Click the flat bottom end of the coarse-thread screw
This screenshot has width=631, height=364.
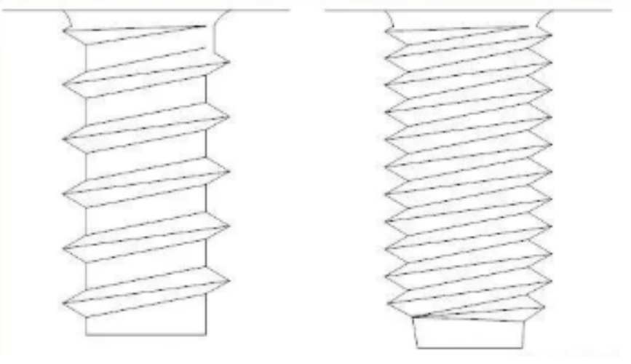point(146,334)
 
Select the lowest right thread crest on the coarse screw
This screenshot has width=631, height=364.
point(229,280)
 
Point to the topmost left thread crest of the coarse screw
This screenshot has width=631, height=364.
point(64,86)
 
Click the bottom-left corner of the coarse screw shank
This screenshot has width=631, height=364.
point(86,334)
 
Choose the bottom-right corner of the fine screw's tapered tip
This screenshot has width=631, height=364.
point(521,347)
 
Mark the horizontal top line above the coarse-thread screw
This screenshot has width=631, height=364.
point(146,9)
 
